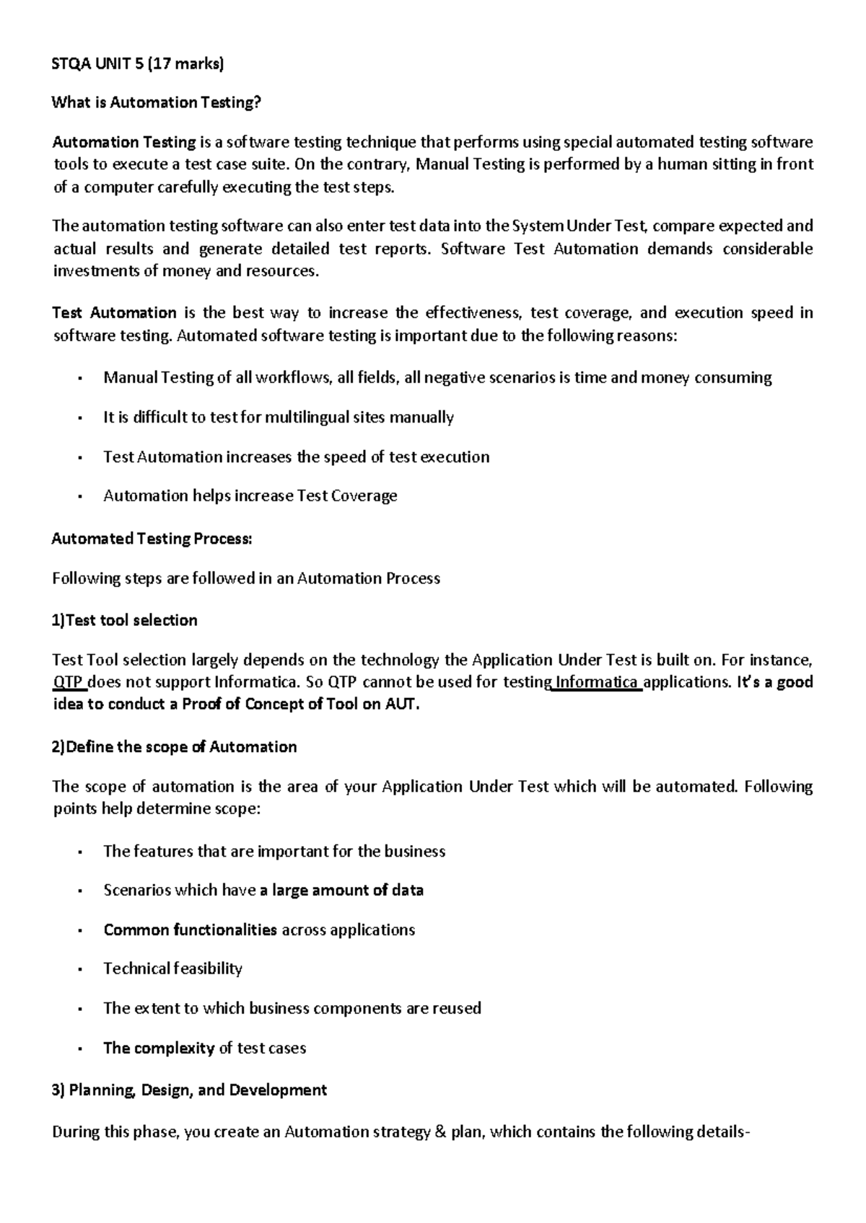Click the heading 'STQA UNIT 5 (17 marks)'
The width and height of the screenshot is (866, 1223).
(x=138, y=64)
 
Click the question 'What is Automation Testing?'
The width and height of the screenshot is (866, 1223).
(x=155, y=102)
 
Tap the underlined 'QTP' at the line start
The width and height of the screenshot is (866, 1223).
(x=69, y=682)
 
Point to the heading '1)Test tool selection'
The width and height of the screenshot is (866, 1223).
(x=124, y=620)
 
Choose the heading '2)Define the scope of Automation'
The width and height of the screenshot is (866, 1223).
(x=174, y=747)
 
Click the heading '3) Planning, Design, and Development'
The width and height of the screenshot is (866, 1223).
(x=189, y=1090)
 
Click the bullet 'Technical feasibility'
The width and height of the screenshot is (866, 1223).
(x=172, y=968)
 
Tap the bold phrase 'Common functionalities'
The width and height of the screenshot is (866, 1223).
(x=190, y=930)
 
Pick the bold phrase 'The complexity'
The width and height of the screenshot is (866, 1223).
(x=159, y=1048)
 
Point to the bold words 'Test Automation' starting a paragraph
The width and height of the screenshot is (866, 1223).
(x=115, y=313)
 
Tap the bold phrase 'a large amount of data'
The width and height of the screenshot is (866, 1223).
(x=341, y=891)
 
